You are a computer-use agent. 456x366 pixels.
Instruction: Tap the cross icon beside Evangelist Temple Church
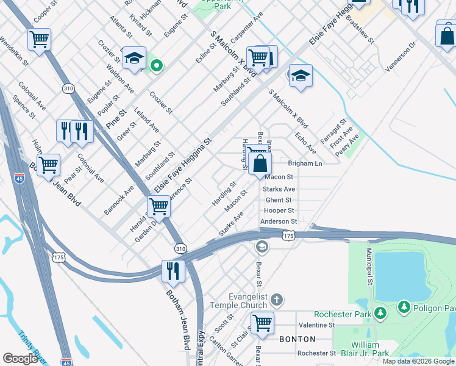pyautogui.click(x=277, y=300)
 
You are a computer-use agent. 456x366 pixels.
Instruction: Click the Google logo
pyautogui.click(x=21, y=359)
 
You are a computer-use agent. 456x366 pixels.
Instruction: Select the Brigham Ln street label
pyautogui.click(x=305, y=163)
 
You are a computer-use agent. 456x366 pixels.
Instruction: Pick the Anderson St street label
pyautogui.click(x=278, y=221)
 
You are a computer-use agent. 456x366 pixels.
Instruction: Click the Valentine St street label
pyautogui.click(x=316, y=326)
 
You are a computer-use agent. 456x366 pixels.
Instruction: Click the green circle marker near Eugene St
pyautogui.click(x=156, y=65)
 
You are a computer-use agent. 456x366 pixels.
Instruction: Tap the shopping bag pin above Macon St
pyautogui.click(x=260, y=163)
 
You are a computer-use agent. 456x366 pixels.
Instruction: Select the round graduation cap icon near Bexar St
pyautogui.click(x=262, y=246)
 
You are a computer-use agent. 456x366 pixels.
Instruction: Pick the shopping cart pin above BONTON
pyautogui.click(x=262, y=323)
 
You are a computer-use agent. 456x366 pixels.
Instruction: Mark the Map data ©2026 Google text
pyautogui.click(x=418, y=361)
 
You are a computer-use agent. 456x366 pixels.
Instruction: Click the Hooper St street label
pyautogui.click(x=279, y=210)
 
